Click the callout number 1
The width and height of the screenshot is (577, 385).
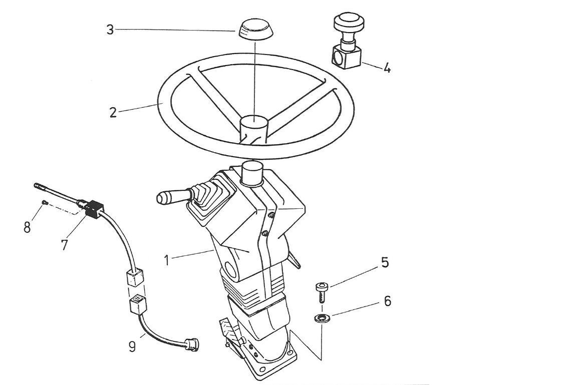point(169,260)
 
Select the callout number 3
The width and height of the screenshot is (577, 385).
point(110,30)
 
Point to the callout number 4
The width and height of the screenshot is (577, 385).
point(387,68)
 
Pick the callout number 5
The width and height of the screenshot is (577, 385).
point(385,262)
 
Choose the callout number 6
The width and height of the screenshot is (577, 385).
point(387,301)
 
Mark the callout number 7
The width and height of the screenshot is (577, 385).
point(64,245)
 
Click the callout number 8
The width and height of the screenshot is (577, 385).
point(27,227)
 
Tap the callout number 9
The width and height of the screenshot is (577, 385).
point(132,346)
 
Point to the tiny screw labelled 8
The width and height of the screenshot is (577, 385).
point(44,202)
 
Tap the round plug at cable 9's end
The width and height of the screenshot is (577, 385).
point(192,343)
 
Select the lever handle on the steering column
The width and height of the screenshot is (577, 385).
point(170,196)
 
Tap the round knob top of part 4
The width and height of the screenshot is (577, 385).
point(348,22)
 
